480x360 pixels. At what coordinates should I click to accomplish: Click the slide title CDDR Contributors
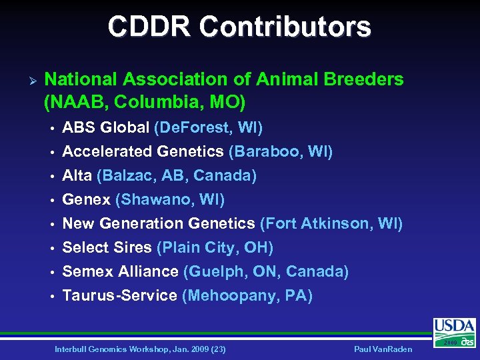pos(240,27)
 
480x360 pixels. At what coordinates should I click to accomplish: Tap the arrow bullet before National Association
pos(27,80)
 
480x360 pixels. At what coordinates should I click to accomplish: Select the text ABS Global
pos(106,127)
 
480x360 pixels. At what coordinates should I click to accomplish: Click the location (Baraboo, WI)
pos(281,151)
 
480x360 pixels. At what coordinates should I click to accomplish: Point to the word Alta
pos(77,175)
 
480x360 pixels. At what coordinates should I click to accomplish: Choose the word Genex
pos(87,199)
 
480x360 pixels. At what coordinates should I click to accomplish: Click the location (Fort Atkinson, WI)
pos(331,223)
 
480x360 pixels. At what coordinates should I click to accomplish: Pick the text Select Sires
pos(107,247)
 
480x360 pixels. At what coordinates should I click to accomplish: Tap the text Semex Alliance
pos(120,271)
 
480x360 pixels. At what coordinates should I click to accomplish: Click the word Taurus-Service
pos(119,295)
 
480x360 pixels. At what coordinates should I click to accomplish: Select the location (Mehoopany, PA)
pos(247,295)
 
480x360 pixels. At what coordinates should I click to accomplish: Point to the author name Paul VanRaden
pos(384,349)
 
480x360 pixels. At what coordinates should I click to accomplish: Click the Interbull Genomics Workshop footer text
pos(140,349)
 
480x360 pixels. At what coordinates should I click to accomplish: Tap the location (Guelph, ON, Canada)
pos(266,271)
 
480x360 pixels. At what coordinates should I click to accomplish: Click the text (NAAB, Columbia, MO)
pos(145,103)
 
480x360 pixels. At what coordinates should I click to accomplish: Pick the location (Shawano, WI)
pos(170,199)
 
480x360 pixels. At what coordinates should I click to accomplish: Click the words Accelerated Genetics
pos(143,151)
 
